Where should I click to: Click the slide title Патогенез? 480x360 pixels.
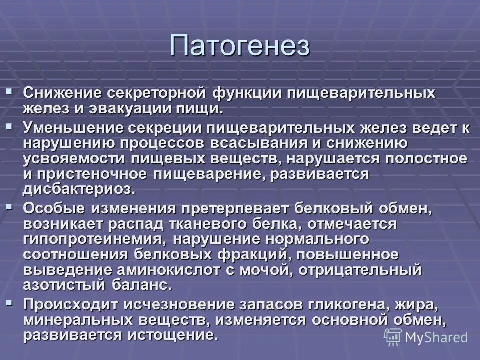(x=240, y=45)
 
